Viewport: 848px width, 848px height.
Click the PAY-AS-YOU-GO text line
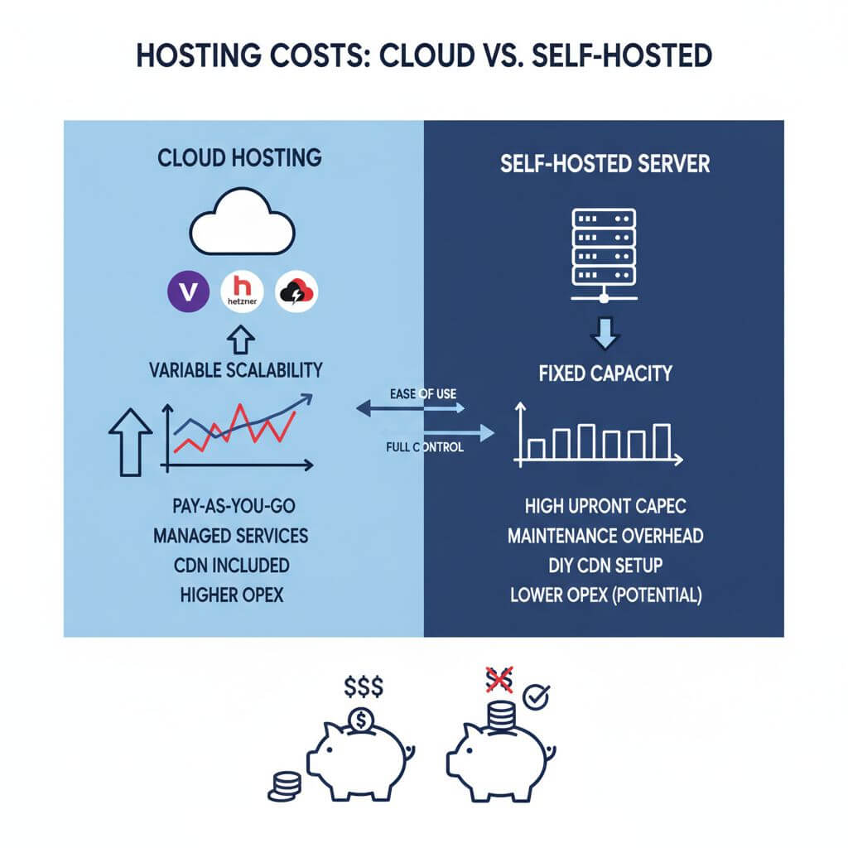pyautogui.click(x=230, y=505)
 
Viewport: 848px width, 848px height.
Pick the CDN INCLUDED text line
pyautogui.click(x=230, y=566)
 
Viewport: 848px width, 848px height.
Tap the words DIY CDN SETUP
pyautogui.click(x=605, y=566)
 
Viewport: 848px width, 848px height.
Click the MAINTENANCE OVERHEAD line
pyautogui.click(x=605, y=536)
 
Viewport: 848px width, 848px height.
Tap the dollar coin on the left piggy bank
pyautogui.click(x=360, y=720)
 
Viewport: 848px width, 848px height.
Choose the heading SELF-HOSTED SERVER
pyautogui.click(x=605, y=163)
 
